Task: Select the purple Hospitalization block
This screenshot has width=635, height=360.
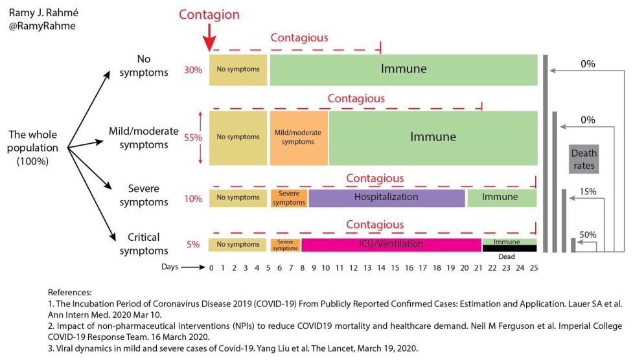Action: (386, 197)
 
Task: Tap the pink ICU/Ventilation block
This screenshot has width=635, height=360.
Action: (391, 245)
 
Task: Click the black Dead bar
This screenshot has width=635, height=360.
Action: (509, 248)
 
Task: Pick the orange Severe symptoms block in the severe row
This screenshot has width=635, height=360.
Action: (288, 198)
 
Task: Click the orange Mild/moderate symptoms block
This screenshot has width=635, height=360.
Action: (298, 137)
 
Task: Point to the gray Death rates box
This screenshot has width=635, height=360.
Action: (584, 159)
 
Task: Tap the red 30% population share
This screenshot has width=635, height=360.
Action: (193, 70)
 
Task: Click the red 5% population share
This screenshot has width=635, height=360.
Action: (193, 245)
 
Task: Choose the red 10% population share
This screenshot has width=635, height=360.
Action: (193, 198)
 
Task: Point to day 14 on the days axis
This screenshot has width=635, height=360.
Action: (380, 267)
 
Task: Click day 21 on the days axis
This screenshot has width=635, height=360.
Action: (477, 267)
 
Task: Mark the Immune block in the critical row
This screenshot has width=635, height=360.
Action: (509, 241)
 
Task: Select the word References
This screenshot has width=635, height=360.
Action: (70, 292)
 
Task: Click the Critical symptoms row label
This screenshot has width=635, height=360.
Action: (143, 244)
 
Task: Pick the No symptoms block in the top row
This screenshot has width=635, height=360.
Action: (238, 70)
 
